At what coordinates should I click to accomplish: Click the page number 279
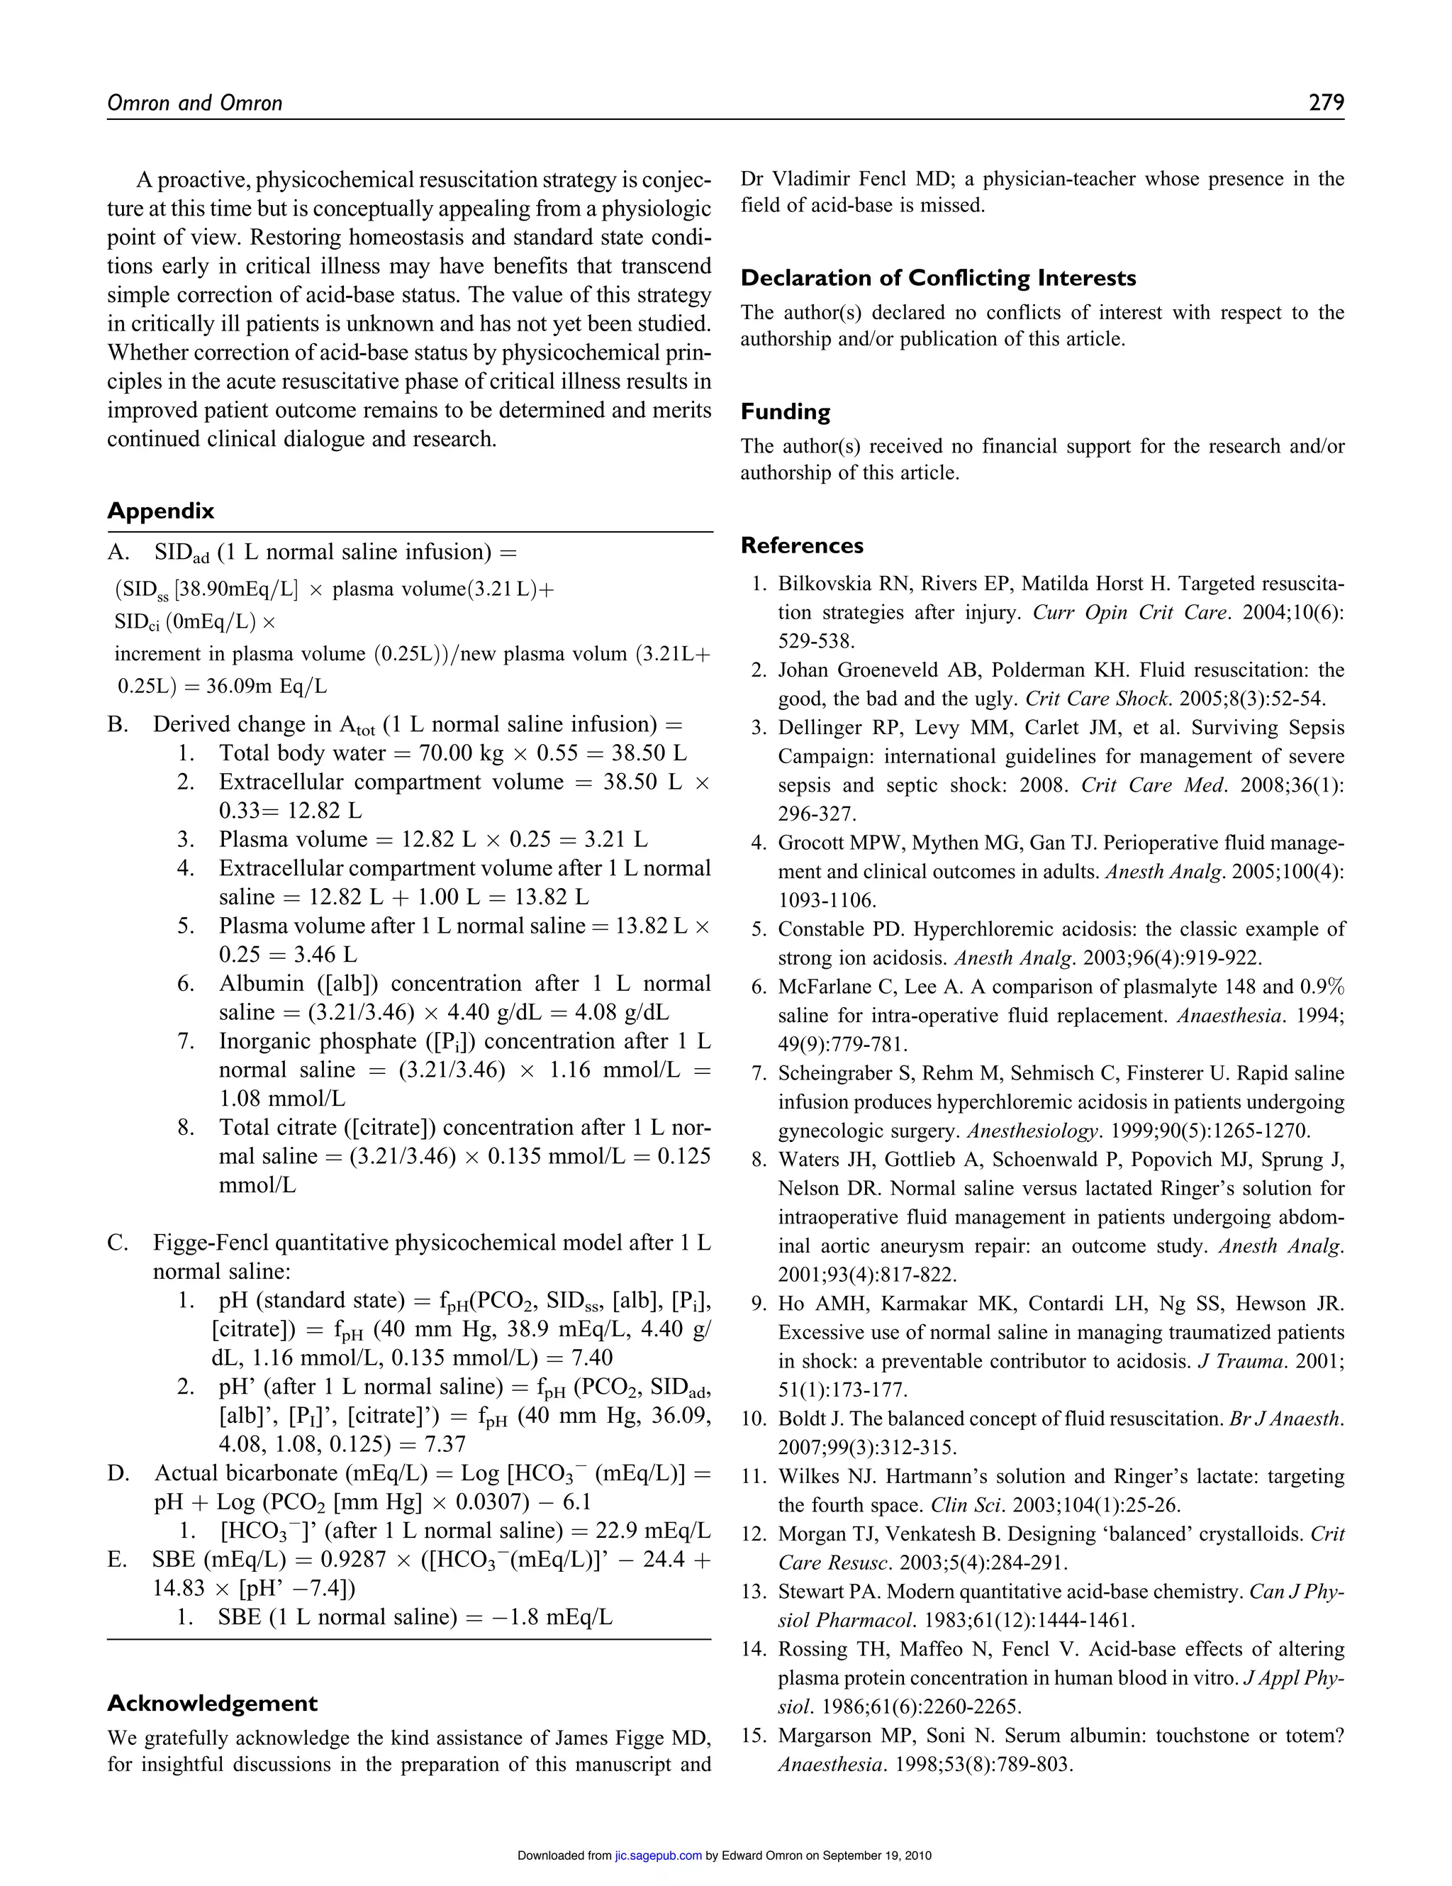click(1326, 103)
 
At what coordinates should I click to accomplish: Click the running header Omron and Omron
click(194, 104)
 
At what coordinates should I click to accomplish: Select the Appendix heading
click(160, 511)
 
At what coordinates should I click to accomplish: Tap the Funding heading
click(785, 412)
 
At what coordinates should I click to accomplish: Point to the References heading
click(801, 545)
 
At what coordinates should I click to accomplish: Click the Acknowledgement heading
click(213, 1703)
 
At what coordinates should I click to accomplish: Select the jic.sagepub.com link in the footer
click(657, 1855)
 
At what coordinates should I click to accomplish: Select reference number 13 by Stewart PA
click(755, 1592)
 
